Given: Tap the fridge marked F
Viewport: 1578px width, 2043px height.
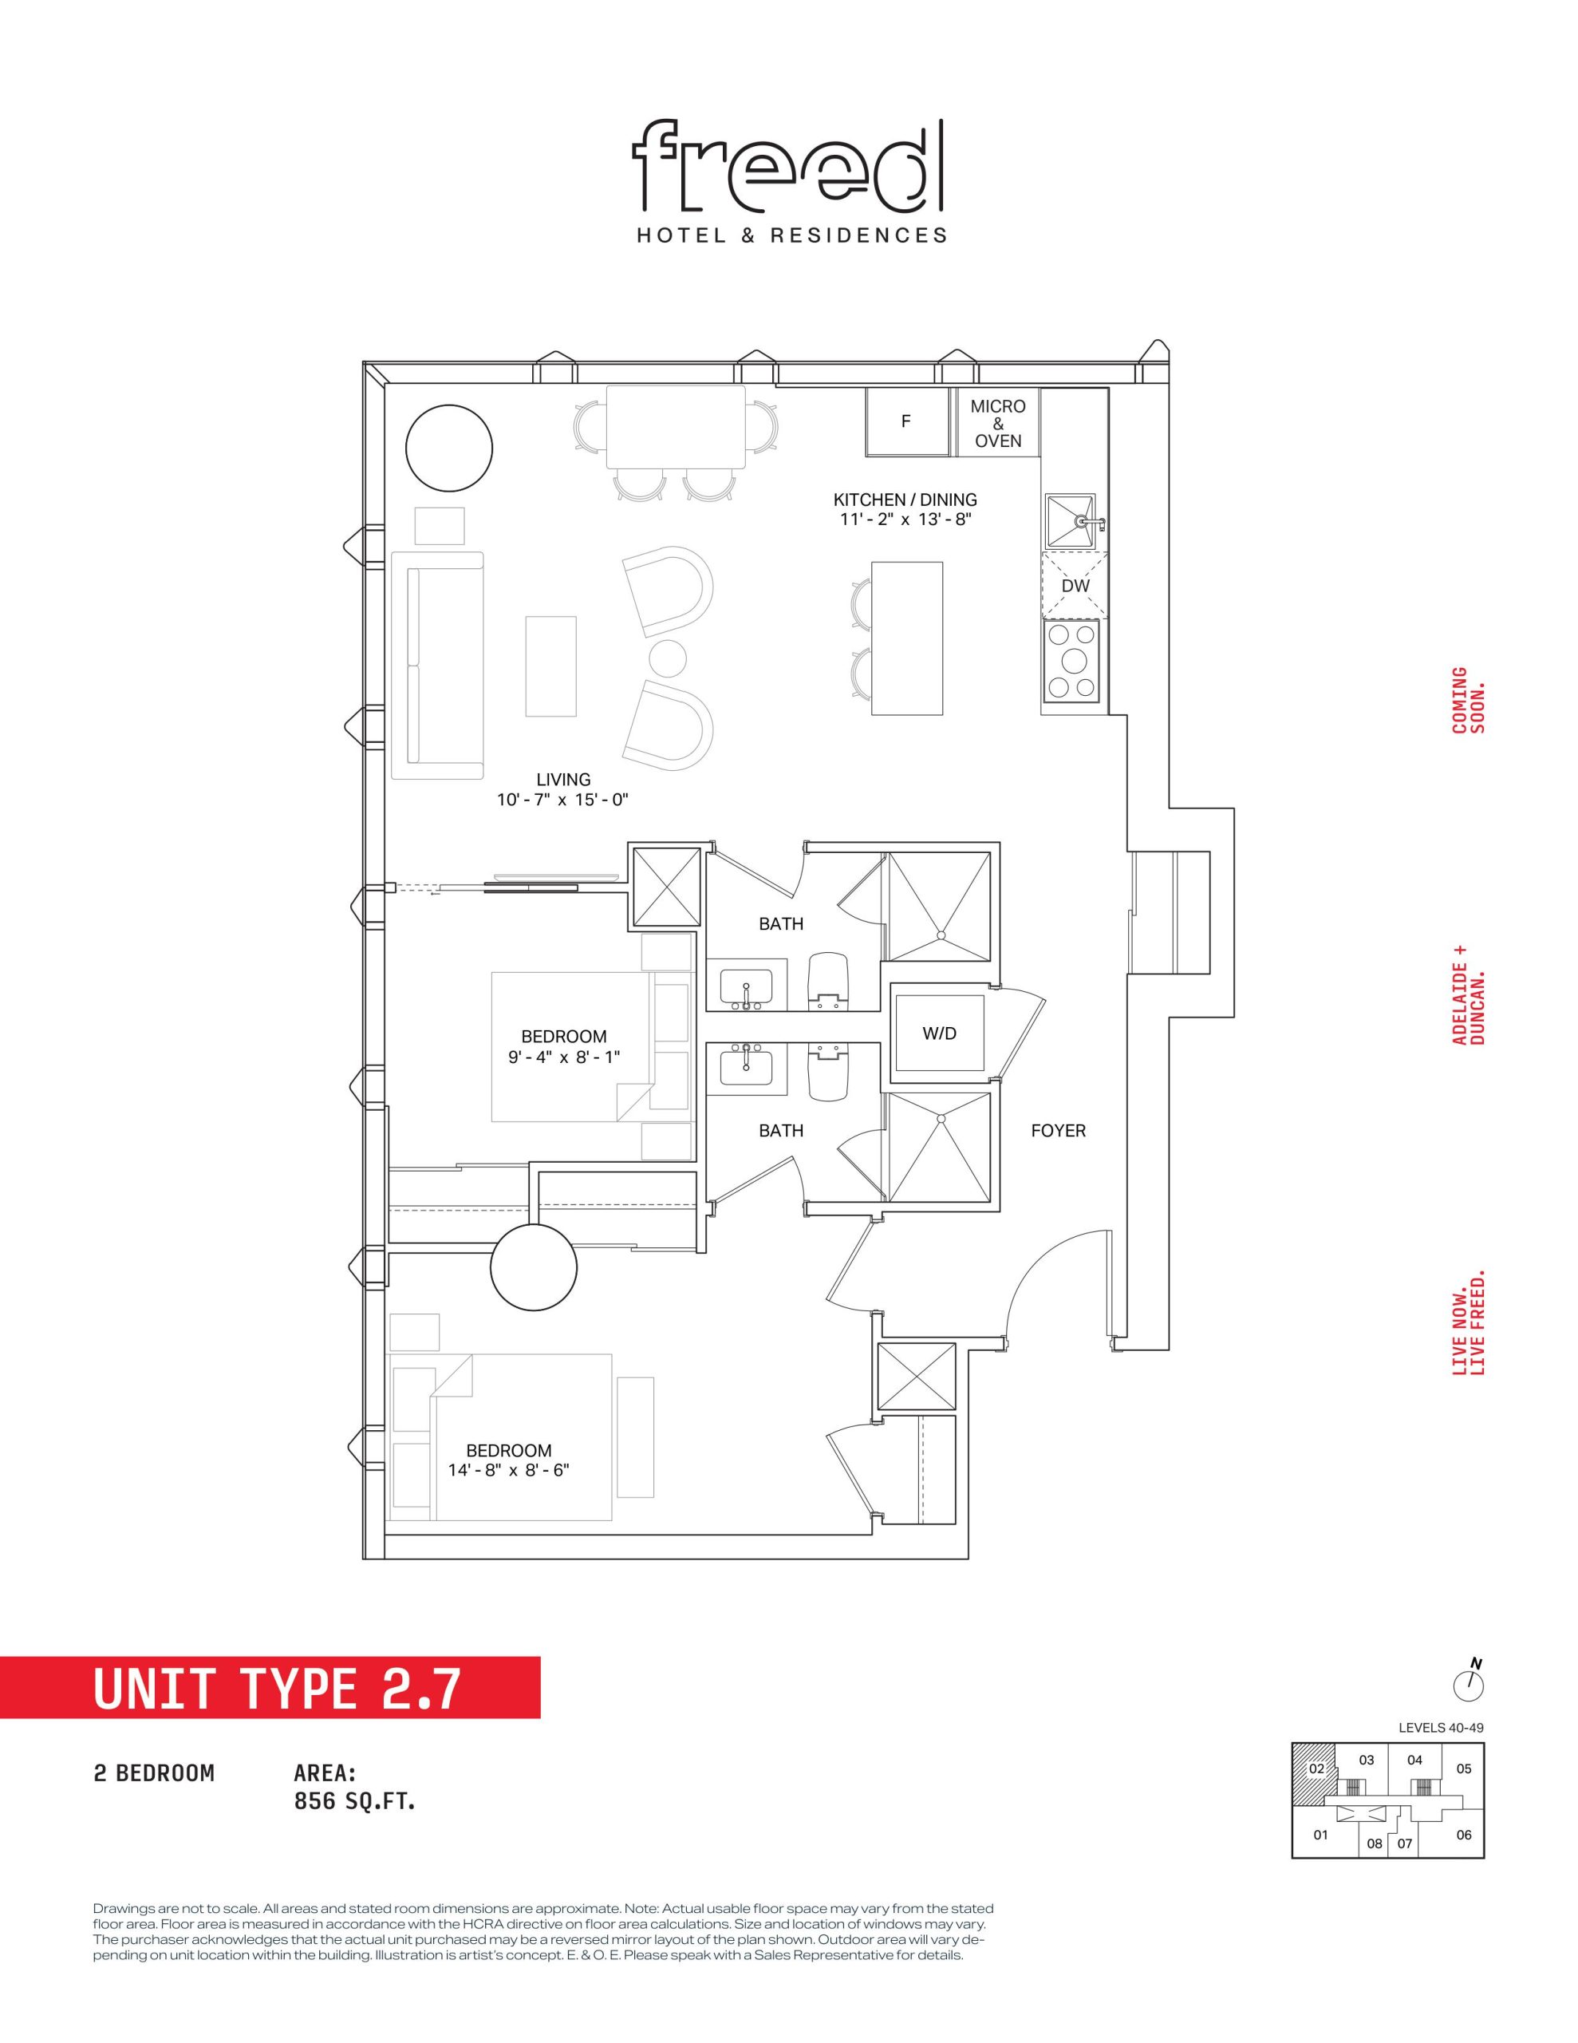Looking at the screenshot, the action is (905, 422).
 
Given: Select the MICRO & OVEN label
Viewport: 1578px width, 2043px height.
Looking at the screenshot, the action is (998, 423).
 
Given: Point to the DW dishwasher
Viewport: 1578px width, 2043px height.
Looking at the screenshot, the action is (1075, 586).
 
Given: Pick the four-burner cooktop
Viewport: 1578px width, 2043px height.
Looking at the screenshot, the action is (1072, 662).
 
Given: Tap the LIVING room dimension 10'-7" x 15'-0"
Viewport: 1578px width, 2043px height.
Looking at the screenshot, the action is (563, 800).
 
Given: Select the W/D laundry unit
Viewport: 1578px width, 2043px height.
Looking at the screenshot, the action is (939, 1033).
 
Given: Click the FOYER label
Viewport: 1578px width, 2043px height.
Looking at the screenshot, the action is (1058, 1131).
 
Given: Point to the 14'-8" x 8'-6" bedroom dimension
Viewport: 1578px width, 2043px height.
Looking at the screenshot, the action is (508, 1469).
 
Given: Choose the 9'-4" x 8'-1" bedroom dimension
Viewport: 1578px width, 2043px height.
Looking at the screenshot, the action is (563, 1056).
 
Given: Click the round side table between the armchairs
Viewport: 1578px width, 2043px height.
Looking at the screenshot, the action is (668, 658).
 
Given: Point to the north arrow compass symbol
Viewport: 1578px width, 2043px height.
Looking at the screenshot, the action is (1470, 1705).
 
